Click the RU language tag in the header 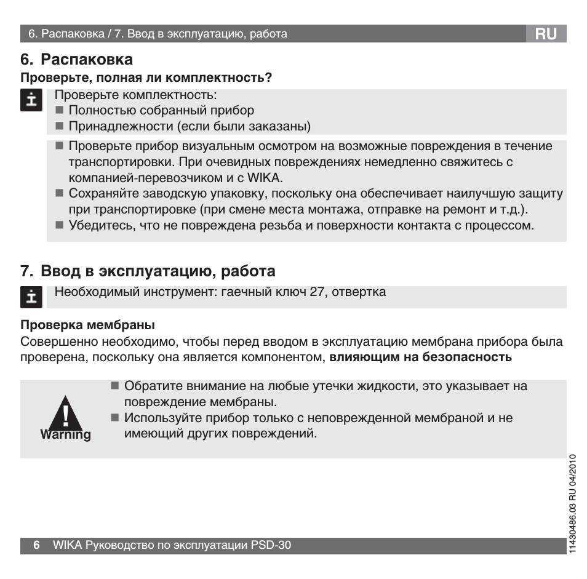(x=546, y=34)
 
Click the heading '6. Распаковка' (x=77, y=60)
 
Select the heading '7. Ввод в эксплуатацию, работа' (x=148, y=271)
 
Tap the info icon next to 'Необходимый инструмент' (x=30, y=297)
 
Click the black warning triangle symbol (x=65, y=413)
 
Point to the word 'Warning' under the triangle (x=65, y=434)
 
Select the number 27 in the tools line (x=317, y=292)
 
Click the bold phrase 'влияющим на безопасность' (x=420, y=356)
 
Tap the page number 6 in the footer (x=36, y=545)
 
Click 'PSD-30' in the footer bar (x=271, y=545)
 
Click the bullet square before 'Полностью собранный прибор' (x=60, y=111)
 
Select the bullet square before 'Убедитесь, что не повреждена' (x=60, y=226)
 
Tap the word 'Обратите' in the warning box (x=147, y=386)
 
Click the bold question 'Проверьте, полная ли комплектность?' (x=146, y=78)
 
